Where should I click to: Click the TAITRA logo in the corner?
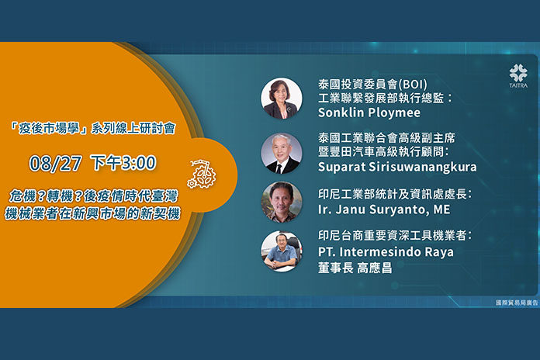[x=518, y=76]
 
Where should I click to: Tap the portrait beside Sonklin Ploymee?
[x=282, y=99]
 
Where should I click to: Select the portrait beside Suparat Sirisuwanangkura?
[x=282, y=153]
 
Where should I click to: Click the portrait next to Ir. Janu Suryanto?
[x=282, y=202]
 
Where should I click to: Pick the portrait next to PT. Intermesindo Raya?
[x=282, y=251]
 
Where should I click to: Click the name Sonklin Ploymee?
[x=369, y=112]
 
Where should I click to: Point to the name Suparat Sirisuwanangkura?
[x=397, y=167]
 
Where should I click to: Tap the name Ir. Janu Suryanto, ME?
[x=384, y=209]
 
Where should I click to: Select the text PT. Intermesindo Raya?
[x=386, y=252]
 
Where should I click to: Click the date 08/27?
[x=55, y=163]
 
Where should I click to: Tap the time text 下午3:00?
[x=123, y=163]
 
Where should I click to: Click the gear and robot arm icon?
[x=202, y=174]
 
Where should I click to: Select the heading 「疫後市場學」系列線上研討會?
[x=92, y=129]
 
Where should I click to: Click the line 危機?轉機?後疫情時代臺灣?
[x=94, y=196]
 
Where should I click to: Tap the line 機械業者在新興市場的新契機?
[x=92, y=213]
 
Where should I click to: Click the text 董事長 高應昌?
[x=355, y=268]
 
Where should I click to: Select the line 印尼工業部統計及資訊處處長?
[x=395, y=194]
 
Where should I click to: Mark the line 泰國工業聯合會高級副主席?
[x=386, y=138]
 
